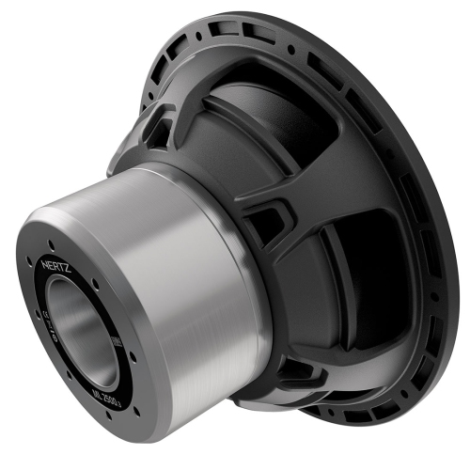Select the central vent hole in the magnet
(x=83, y=334)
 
